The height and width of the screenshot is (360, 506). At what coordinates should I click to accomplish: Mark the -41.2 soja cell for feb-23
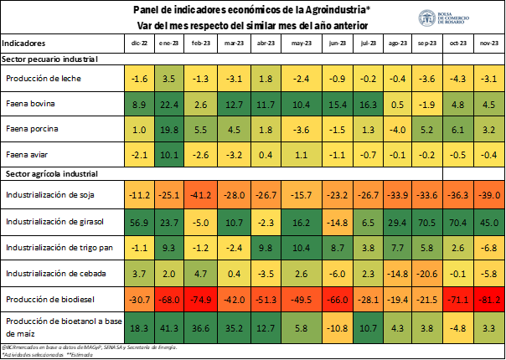(201, 195)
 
